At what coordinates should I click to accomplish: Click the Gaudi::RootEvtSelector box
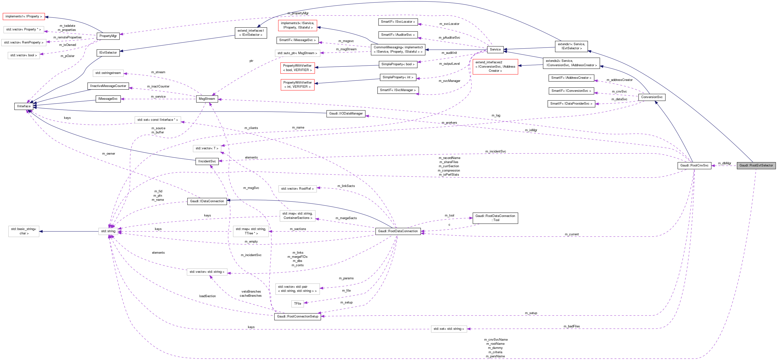point(756,165)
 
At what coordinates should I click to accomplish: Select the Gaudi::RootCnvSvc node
point(694,165)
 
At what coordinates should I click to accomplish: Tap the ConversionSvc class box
point(652,97)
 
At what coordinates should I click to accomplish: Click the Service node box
point(495,50)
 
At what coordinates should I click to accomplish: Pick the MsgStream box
point(207,99)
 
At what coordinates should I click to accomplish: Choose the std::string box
point(108,231)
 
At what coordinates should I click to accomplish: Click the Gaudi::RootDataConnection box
point(398,231)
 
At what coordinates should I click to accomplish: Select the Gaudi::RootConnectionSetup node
point(297,316)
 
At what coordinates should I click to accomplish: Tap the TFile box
point(297,303)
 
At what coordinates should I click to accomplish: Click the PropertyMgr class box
point(108,36)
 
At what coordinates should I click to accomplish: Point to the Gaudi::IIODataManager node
point(346,114)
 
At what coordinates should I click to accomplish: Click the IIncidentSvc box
point(207,161)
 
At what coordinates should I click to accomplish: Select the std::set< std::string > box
point(449,329)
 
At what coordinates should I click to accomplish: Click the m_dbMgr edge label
point(724,163)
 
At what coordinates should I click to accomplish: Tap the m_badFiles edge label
point(572,326)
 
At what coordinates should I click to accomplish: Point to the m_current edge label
point(572,234)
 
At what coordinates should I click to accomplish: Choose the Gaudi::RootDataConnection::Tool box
point(495,218)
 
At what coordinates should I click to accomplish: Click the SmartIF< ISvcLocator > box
point(398,22)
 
